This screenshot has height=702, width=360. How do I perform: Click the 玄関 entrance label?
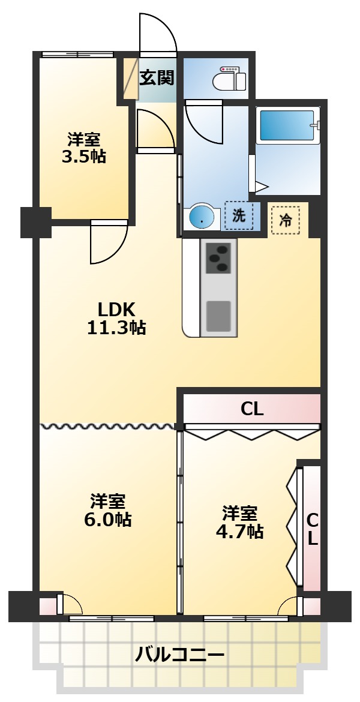pos(157,78)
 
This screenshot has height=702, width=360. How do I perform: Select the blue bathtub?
pos(287,126)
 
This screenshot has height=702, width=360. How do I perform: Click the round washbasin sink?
pos(202,217)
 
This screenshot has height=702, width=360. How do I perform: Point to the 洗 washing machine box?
pos(239,217)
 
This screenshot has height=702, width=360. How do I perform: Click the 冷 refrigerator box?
pos(285,220)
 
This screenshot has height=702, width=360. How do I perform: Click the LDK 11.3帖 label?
pos(117,319)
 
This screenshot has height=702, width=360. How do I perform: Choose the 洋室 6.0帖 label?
pos(108,510)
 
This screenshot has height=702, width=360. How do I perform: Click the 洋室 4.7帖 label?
pos(240,522)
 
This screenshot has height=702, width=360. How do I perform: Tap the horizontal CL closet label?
pos(252,409)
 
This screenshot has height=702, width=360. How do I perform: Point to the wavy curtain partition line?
pos(108,427)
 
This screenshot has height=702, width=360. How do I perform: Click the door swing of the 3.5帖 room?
pos(108,243)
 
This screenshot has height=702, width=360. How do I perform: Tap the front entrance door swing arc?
pos(158,33)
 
